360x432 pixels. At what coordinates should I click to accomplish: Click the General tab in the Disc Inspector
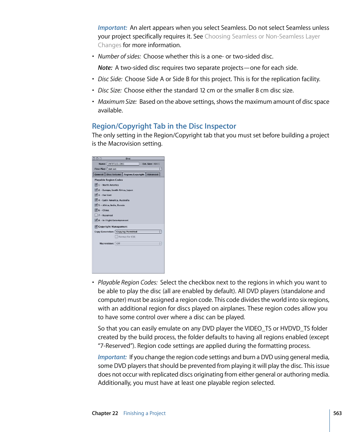tap(99, 174)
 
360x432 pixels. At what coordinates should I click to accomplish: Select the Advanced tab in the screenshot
tap(153, 174)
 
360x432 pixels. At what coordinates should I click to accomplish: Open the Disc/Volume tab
tap(114, 174)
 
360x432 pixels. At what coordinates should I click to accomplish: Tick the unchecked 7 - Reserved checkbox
tap(96, 215)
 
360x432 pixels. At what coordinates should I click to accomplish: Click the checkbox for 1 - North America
tap(96, 185)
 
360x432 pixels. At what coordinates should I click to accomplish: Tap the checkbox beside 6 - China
tap(96, 210)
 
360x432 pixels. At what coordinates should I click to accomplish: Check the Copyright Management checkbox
tap(96, 227)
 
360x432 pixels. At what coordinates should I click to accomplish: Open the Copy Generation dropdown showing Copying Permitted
tap(138, 232)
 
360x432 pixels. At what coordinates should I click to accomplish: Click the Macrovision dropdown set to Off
tap(138, 243)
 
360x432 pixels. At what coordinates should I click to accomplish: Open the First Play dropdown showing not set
tap(134, 169)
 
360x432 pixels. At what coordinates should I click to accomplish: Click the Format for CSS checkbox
tap(117, 237)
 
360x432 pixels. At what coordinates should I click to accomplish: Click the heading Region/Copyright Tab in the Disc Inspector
tap(164, 126)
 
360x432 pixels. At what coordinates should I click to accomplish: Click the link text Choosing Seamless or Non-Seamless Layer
tap(262, 36)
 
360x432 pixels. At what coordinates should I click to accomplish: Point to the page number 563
tap(337, 413)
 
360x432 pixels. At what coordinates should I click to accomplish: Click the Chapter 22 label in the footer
tap(105, 413)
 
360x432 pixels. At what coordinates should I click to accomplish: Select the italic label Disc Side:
tap(110, 79)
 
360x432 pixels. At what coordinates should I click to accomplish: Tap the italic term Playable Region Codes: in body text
tap(128, 282)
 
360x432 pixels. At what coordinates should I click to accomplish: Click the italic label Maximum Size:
tap(117, 101)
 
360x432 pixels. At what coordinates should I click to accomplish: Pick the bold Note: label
tap(105, 68)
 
